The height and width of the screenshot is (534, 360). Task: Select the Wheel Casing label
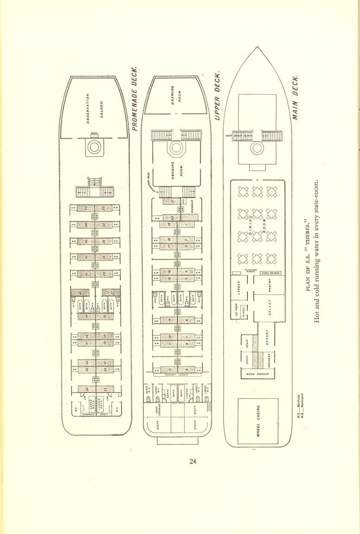pos(259,421)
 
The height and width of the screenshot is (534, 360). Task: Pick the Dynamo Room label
pos(256,373)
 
